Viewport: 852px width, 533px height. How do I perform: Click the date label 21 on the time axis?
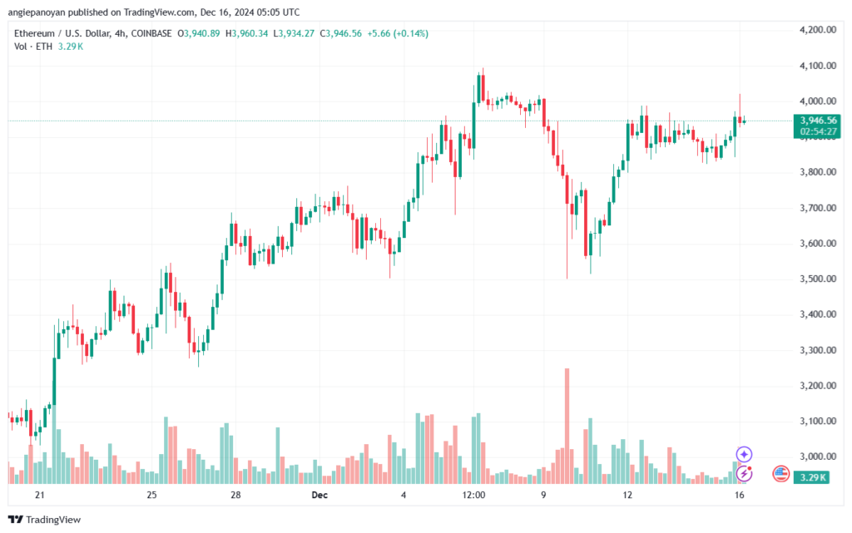39,496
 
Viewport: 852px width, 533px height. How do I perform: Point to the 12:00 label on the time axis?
473,496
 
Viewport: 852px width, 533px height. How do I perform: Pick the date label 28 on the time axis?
235,496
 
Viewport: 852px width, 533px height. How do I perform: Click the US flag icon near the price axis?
780,473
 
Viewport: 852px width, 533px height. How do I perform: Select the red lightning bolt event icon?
745,473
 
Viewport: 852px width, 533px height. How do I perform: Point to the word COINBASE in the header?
176,33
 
